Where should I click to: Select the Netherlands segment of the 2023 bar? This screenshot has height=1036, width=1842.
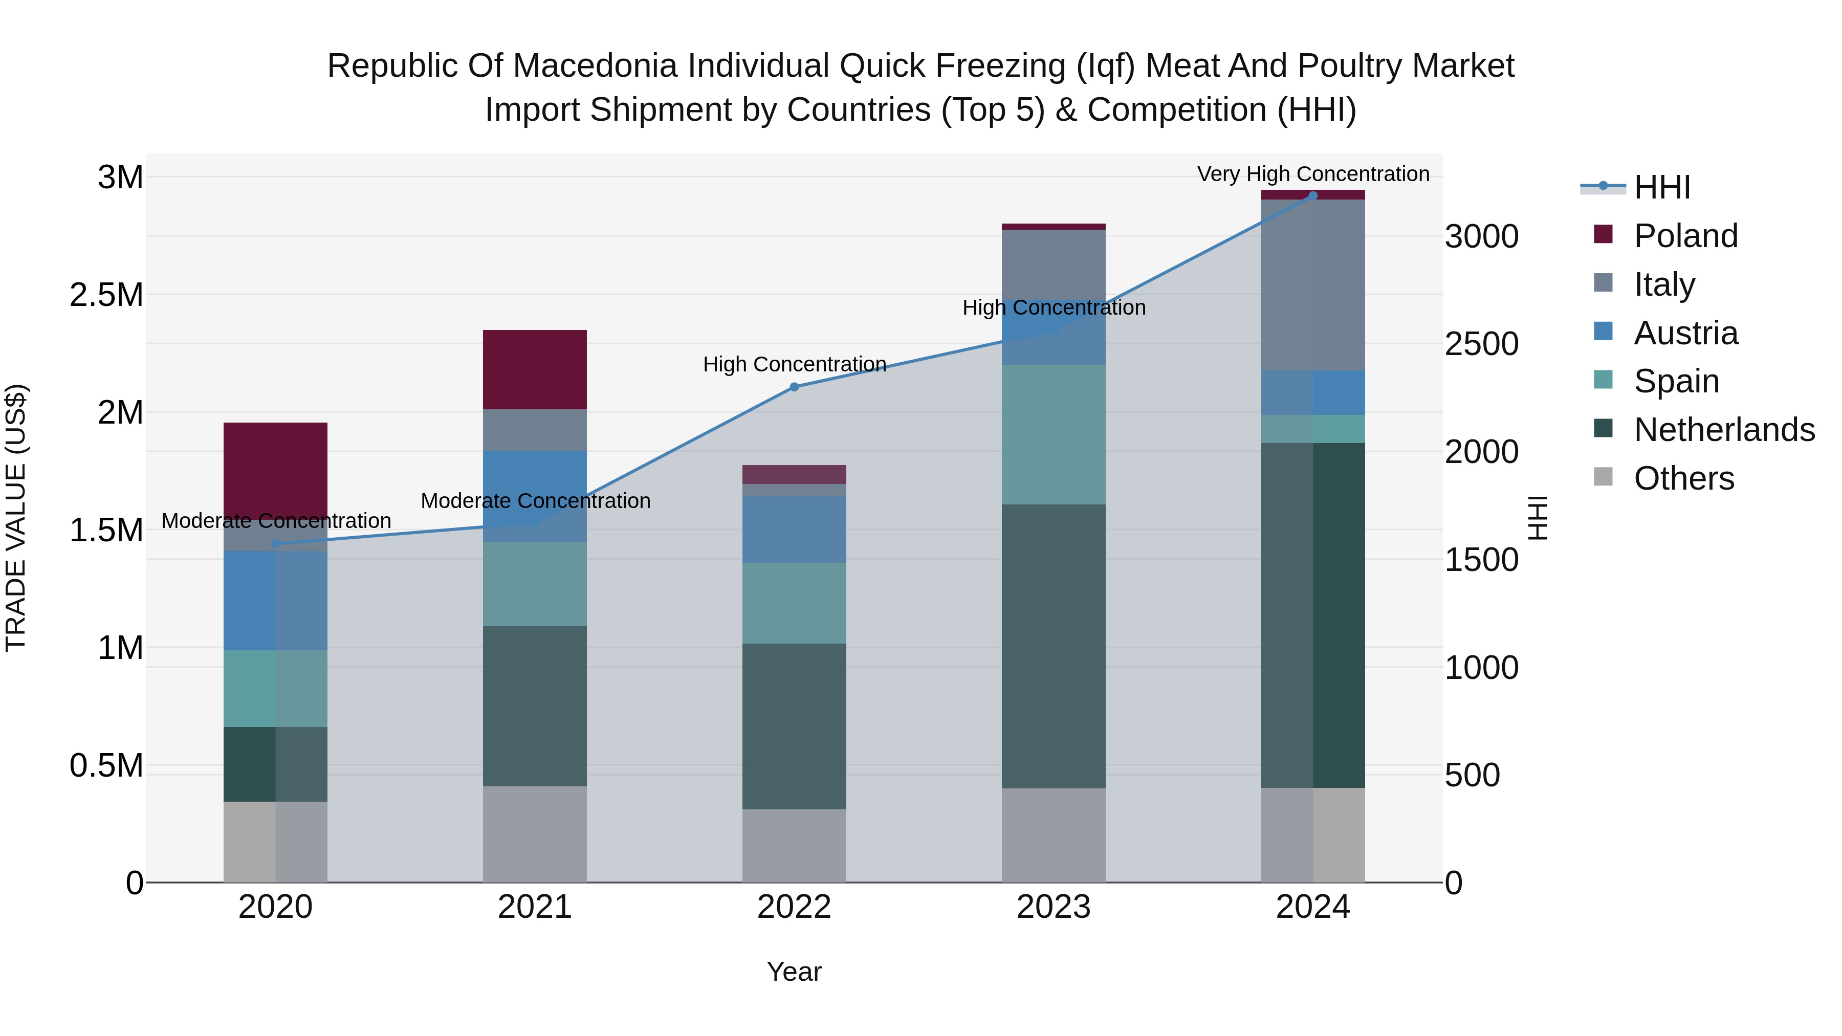1054,646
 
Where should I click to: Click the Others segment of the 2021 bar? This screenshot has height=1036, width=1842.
534,834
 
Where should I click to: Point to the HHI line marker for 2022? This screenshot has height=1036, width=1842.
794,387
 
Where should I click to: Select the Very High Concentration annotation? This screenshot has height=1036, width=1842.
1313,174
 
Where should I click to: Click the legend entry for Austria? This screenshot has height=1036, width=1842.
1685,333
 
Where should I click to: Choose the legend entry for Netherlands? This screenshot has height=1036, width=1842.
1723,430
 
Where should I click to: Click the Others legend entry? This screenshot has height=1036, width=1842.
1683,478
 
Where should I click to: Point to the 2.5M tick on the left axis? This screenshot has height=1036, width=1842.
106,295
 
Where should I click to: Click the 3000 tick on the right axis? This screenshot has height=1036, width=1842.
1481,237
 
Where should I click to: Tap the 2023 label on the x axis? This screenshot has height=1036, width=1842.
1054,907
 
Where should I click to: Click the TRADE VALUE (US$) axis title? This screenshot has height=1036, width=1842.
16,518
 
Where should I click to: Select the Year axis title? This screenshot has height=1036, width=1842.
794,972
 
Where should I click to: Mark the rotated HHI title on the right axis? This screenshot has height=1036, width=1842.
1538,518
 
